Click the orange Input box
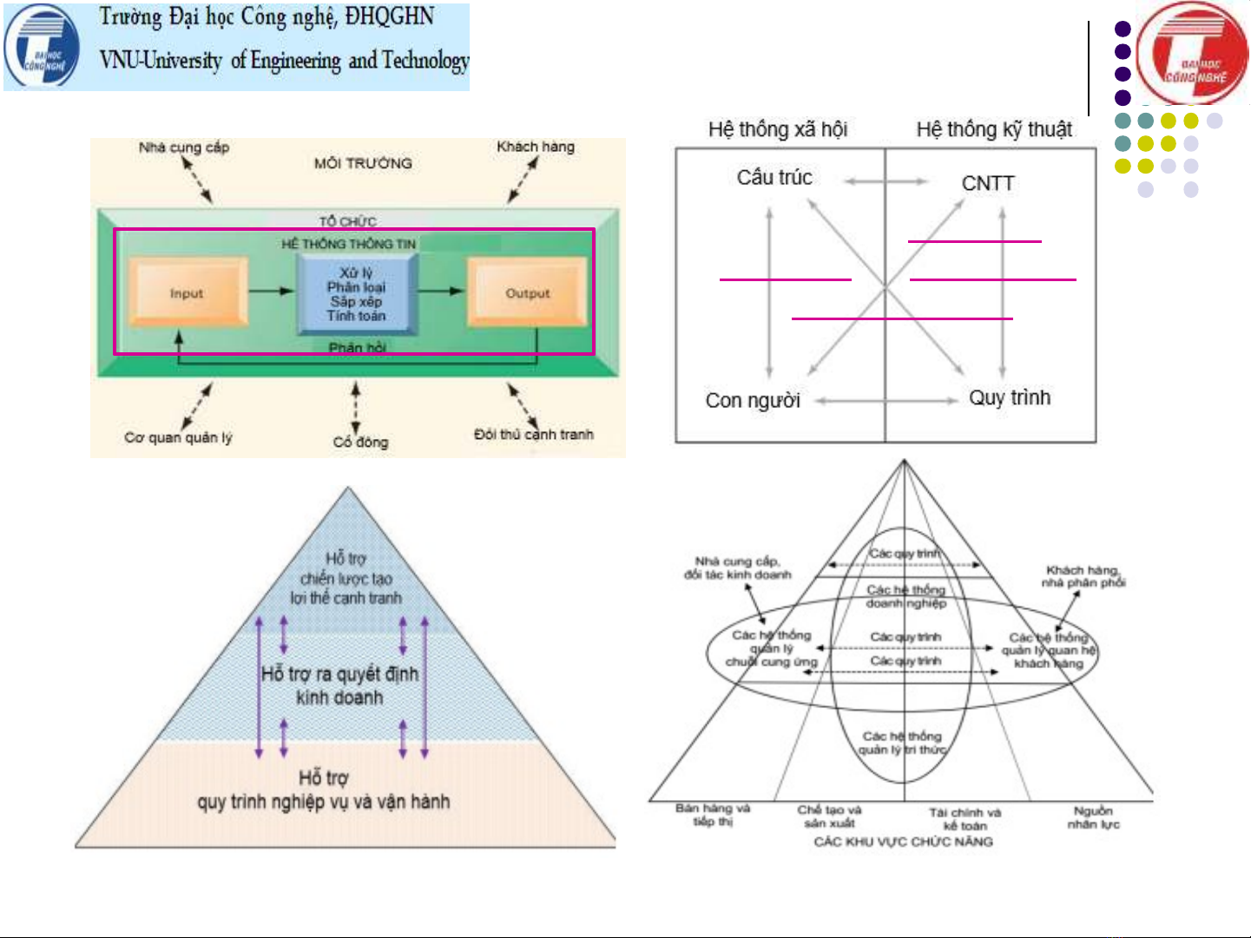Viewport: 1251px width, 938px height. point(187,293)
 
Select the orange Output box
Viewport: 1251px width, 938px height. point(527,293)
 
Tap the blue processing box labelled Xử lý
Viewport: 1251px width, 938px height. point(357,294)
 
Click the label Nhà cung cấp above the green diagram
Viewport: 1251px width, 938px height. point(183,148)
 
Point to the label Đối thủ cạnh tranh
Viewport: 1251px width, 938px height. point(533,434)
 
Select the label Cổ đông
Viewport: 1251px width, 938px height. point(360,442)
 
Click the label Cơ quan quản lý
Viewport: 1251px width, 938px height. point(178,437)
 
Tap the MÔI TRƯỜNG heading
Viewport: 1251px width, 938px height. point(363,163)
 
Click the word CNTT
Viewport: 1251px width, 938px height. point(987,183)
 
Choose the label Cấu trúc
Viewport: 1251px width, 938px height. point(774,177)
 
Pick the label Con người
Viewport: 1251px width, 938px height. point(753,400)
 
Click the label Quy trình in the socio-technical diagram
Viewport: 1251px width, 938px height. point(1010,397)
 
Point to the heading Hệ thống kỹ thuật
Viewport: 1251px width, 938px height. point(994,129)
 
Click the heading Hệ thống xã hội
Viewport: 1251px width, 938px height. point(777,129)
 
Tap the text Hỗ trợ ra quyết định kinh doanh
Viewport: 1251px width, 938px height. point(339,685)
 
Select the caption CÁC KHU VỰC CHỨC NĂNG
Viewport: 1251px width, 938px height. point(903,842)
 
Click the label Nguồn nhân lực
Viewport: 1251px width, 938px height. point(1093,817)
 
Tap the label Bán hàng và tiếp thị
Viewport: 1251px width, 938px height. point(713,814)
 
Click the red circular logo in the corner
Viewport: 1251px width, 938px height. point(1191,54)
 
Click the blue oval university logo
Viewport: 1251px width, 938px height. point(42,47)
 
